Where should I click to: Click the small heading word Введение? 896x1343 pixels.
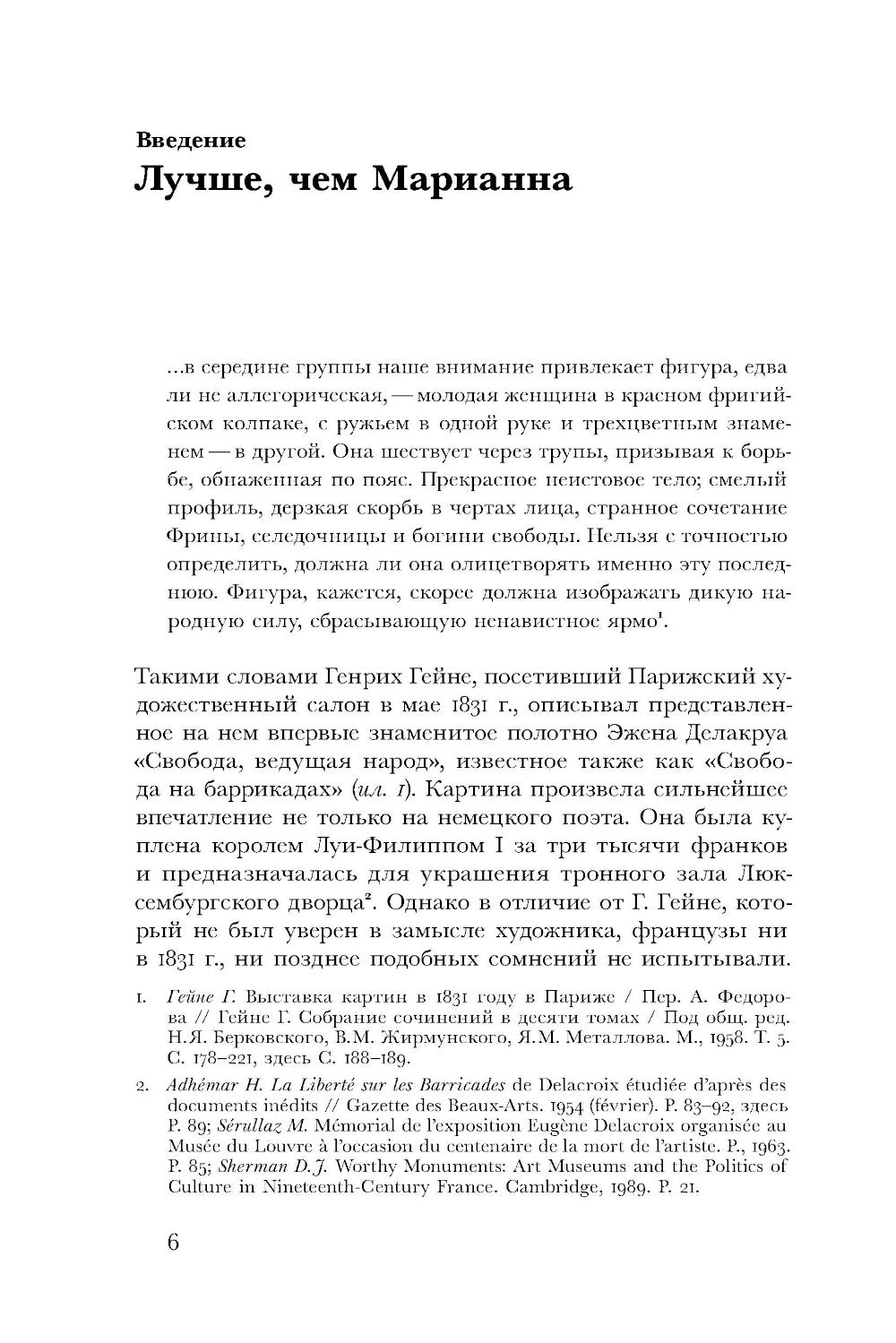(190, 140)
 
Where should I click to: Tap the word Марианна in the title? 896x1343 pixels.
(471, 179)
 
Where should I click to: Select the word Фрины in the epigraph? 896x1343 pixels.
(198, 537)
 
